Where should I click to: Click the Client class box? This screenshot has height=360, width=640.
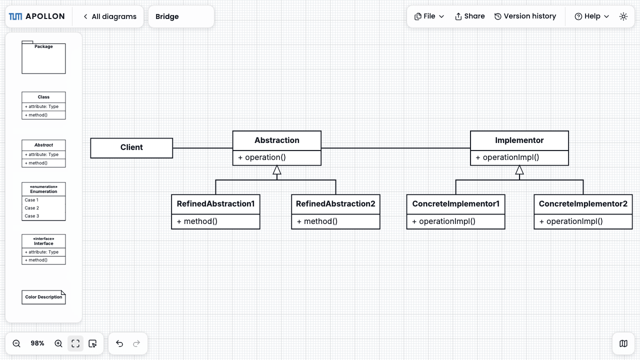click(131, 148)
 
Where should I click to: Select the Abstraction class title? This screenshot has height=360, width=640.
click(277, 140)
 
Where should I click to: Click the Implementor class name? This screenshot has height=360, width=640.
click(519, 140)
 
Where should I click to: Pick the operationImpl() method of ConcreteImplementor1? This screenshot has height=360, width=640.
click(443, 221)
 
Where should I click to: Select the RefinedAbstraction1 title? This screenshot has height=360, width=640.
click(215, 203)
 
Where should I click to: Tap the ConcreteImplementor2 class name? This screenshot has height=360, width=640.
click(583, 203)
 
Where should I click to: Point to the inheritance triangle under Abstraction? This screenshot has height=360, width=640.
click(277, 170)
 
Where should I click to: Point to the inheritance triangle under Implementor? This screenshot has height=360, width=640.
click(519, 170)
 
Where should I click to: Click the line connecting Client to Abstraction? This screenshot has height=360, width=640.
click(203, 148)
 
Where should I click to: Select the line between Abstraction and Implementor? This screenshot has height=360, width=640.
click(395, 148)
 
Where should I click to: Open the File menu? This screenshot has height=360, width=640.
click(429, 16)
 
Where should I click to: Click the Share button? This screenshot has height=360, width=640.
click(469, 16)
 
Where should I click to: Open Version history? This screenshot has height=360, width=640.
click(525, 16)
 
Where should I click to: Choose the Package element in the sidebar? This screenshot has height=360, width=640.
click(43, 57)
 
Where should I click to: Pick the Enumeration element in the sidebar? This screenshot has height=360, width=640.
click(43, 201)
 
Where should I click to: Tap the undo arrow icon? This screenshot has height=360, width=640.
click(119, 343)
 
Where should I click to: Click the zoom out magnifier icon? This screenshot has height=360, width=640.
click(16, 343)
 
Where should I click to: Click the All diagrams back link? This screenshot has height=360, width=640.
click(110, 16)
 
